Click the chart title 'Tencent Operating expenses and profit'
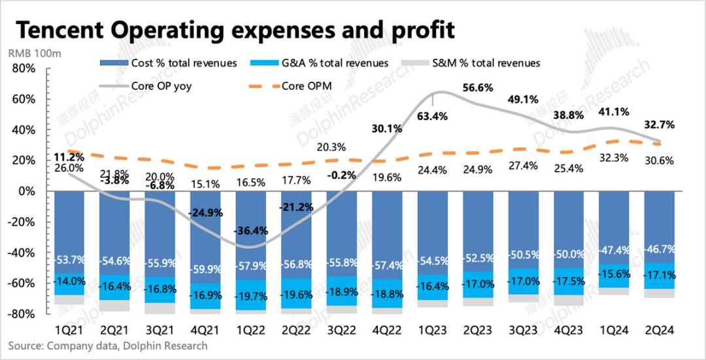tap(235, 29)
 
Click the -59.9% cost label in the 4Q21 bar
tap(207, 269)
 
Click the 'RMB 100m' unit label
tap(34, 54)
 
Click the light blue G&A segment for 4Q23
tap(568, 281)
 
